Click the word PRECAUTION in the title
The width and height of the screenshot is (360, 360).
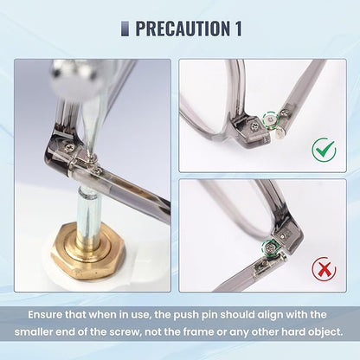click(x=183, y=29)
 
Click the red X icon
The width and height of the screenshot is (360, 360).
click(x=324, y=270)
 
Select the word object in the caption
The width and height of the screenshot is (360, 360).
click(x=325, y=331)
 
